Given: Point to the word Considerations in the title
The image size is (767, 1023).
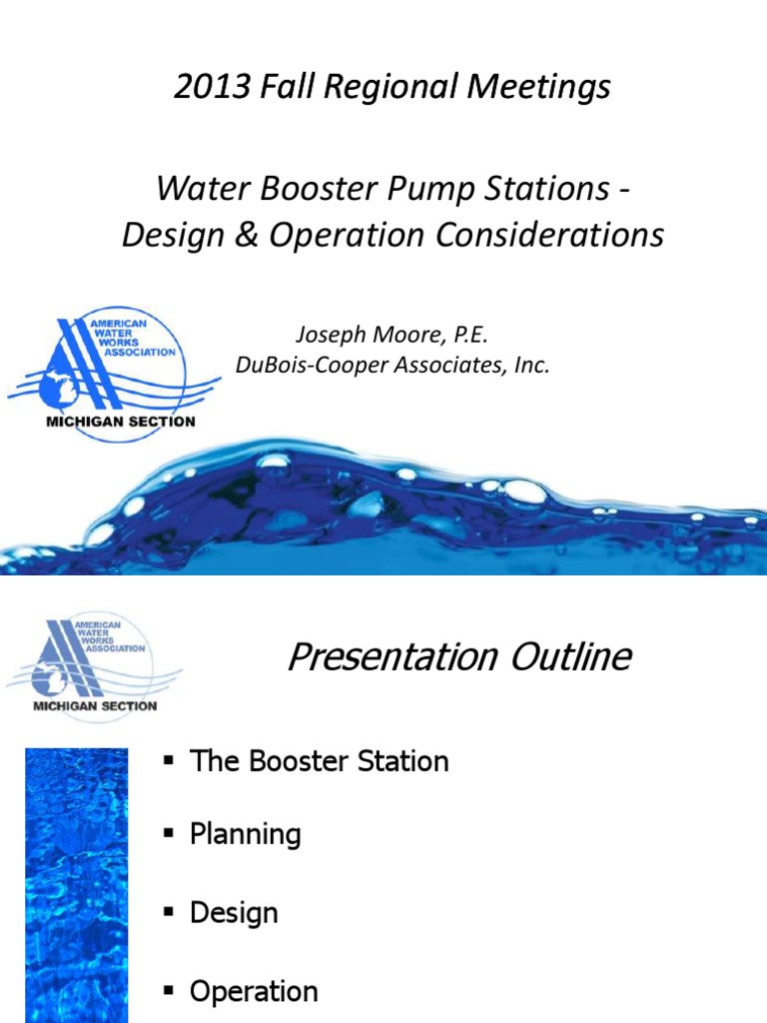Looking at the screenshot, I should (540, 235).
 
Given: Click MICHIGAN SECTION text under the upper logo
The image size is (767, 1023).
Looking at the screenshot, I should (121, 421).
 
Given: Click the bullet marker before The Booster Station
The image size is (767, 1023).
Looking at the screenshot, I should (169, 761).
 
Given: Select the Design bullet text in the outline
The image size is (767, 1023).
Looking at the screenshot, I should (234, 912).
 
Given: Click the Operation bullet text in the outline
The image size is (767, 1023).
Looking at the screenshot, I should (254, 991).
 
